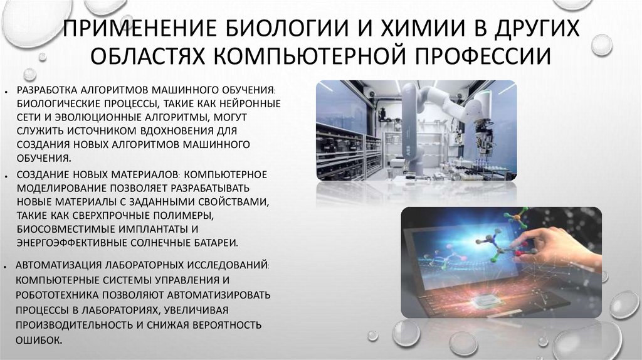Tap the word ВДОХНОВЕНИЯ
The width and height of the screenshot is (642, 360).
coord(184,131)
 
